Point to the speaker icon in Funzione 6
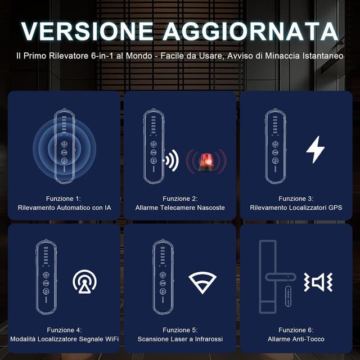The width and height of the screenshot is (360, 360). click(x=318, y=281)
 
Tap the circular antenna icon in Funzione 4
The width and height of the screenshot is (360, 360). click(x=84, y=281)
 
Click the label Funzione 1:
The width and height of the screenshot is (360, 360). click(x=64, y=199)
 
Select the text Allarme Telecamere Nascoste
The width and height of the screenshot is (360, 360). click(x=180, y=208)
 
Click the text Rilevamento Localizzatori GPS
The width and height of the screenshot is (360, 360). click(x=296, y=208)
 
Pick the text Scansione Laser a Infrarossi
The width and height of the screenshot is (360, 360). click(x=180, y=339)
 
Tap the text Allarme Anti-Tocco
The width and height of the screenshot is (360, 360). click(x=296, y=339)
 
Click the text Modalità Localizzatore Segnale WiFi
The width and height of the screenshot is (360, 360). click(x=64, y=339)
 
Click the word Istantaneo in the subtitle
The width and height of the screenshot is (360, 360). click(x=321, y=56)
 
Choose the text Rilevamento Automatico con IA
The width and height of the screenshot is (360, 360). click(x=64, y=208)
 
